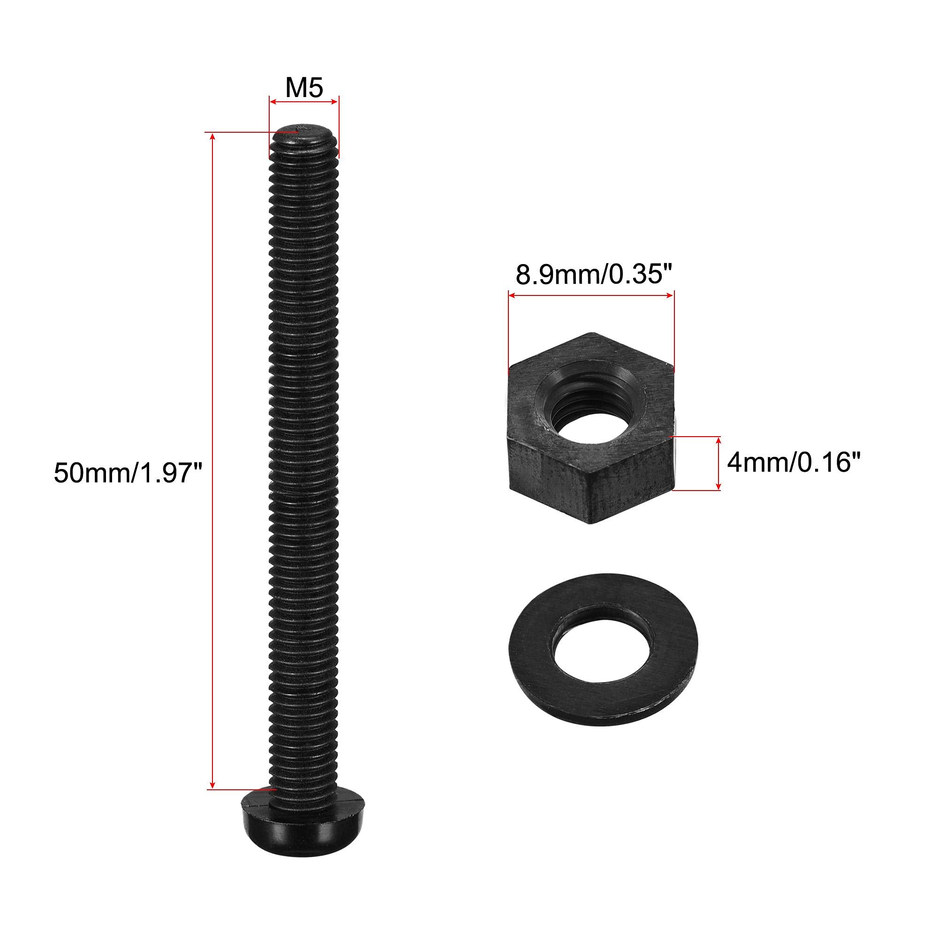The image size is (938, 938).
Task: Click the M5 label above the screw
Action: click(x=304, y=88)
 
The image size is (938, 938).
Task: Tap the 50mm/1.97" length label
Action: click(x=127, y=472)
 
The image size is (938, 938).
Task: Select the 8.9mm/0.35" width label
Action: click(x=589, y=275)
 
